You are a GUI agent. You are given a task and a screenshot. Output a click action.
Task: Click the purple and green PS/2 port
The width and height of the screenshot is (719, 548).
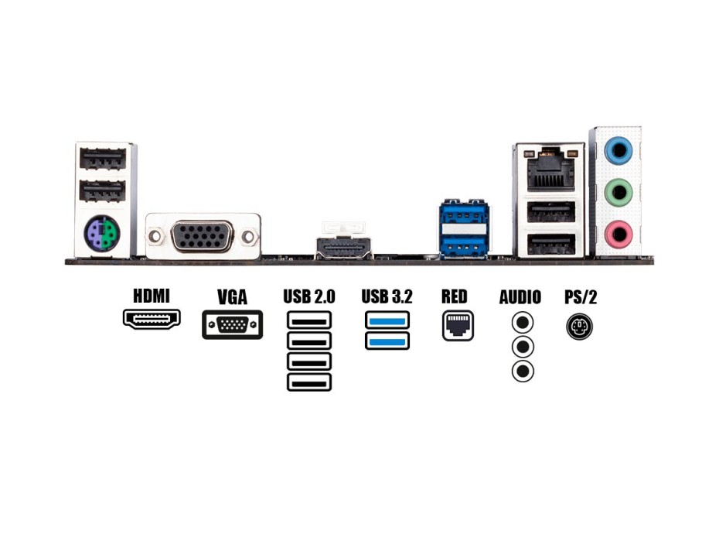click(x=102, y=233)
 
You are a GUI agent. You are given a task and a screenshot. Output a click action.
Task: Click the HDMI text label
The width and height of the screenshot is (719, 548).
click(x=152, y=296)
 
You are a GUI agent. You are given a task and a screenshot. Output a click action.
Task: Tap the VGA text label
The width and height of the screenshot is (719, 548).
click(x=232, y=296)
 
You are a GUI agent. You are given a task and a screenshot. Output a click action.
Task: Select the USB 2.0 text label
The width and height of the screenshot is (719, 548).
click(x=309, y=296)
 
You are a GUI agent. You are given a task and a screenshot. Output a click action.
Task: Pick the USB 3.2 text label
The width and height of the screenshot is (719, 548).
click(x=387, y=296)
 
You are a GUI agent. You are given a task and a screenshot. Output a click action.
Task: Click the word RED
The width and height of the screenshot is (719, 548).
click(x=455, y=296)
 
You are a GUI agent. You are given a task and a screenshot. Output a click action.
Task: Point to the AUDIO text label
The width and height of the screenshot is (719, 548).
click(x=520, y=296)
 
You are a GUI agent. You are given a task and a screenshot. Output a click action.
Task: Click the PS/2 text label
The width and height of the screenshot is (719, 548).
click(x=581, y=296)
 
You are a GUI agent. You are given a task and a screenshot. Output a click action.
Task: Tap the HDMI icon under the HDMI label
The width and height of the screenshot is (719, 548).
click(x=152, y=318)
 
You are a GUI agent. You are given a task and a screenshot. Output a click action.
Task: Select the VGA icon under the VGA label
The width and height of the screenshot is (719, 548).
click(x=232, y=325)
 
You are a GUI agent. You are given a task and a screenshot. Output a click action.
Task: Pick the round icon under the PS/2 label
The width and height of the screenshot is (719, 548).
click(x=580, y=327)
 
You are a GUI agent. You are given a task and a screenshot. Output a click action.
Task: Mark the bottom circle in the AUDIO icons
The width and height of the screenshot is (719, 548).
click(x=523, y=372)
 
